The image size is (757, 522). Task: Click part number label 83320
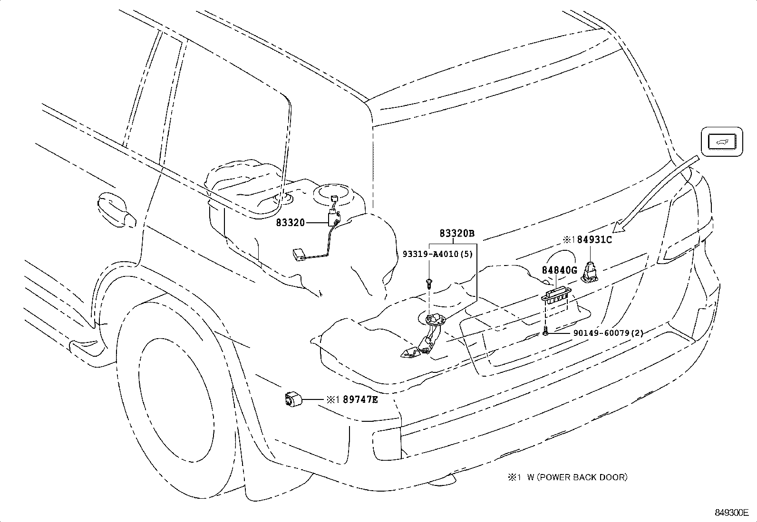click(x=290, y=222)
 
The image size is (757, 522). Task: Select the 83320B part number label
click(x=457, y=233)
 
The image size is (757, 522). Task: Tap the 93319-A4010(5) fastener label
click(x=448, y=254)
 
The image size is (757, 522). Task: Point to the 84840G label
click(x=559, y=270)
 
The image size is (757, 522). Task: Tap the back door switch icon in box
click(x=722, y=142)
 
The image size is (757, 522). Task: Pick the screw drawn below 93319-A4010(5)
click(x=429, y=283)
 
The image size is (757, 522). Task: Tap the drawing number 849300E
click(x=732, y=513)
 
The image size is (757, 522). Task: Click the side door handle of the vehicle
click(x=114, y=210)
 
